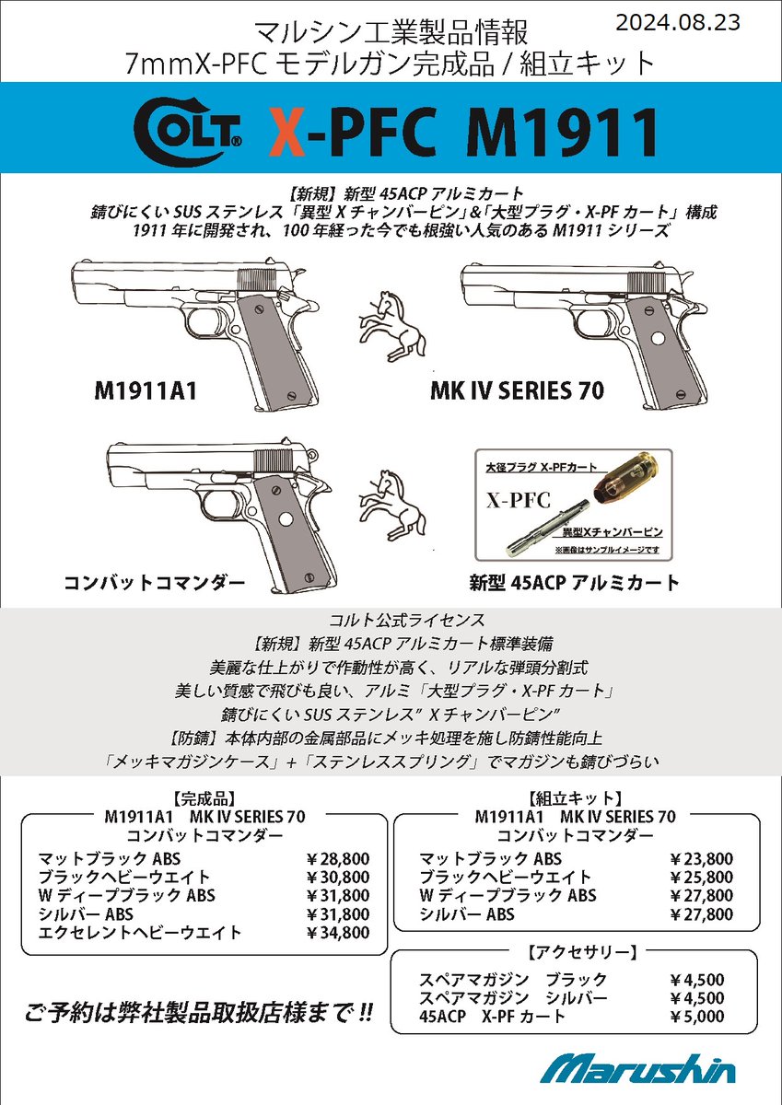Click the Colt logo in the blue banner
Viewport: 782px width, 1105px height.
(189, 131)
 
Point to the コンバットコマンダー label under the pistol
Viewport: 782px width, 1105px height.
(155, 582)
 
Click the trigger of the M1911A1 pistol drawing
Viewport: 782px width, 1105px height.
(204, 325)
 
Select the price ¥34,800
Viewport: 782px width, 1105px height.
(337, 933)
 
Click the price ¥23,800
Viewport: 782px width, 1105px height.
(702, 858)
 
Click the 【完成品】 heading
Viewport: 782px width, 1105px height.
(204, 799)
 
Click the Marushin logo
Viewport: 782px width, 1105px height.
(637, 1069)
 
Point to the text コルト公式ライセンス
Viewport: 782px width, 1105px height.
(391, 621)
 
